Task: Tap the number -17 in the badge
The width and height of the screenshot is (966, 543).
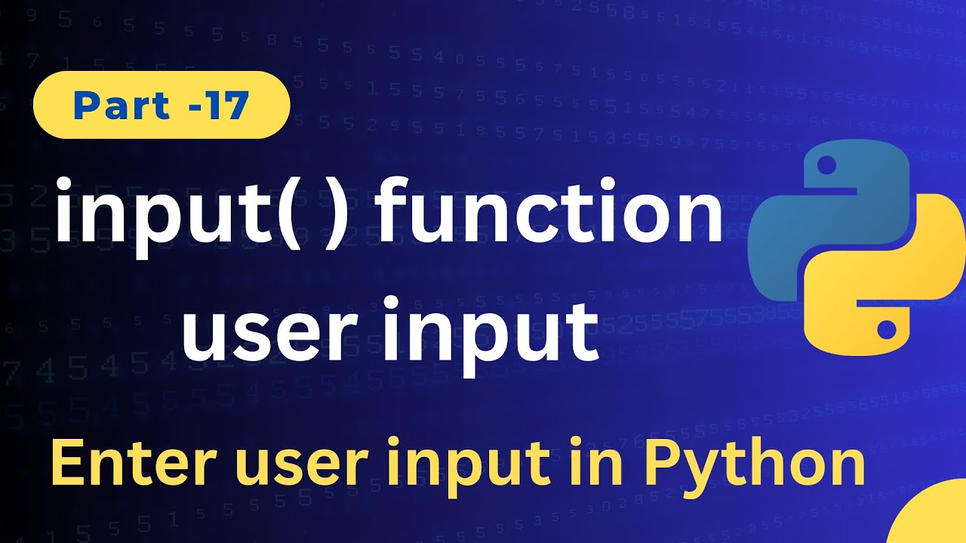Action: [x=219, y=106]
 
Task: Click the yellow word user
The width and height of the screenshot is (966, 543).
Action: [x=257, y=466]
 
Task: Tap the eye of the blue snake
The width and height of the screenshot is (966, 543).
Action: [x=824, y=163]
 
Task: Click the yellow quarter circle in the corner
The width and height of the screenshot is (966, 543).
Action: [x=936, y=520]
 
